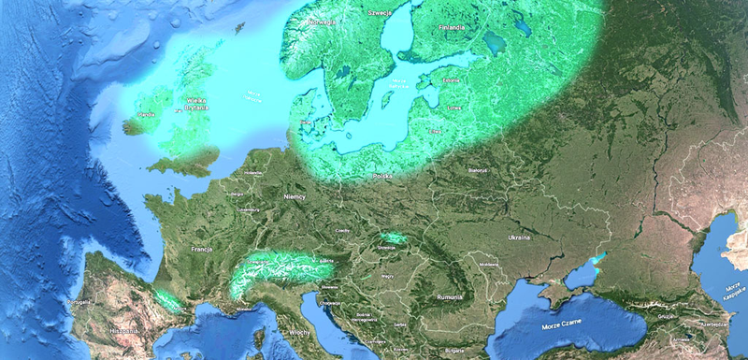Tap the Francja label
(x=203, y=252)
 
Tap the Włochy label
(x=300, y=332)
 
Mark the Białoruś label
(x=478, y=171)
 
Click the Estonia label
(x=453, y=80)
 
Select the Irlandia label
(x=146, y=115)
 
